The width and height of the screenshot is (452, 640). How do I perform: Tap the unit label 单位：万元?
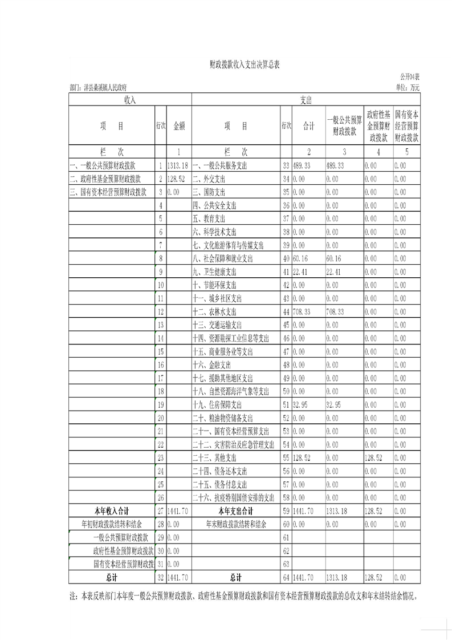tap(406, 87)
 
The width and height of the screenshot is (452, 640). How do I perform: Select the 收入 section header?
tap(130, 100)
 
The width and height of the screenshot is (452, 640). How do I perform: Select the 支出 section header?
tap(306, 100)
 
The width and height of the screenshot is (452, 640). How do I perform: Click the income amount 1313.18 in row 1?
tap(177, 165)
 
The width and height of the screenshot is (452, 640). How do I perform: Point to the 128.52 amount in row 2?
tap(176, 179)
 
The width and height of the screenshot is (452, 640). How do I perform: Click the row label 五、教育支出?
tap(210, 218)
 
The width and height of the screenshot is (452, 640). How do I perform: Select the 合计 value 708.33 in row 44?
tap(302, 312)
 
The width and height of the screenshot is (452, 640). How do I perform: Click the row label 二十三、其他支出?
tap(214, 457)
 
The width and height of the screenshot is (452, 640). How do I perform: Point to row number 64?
tap(286, 577)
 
